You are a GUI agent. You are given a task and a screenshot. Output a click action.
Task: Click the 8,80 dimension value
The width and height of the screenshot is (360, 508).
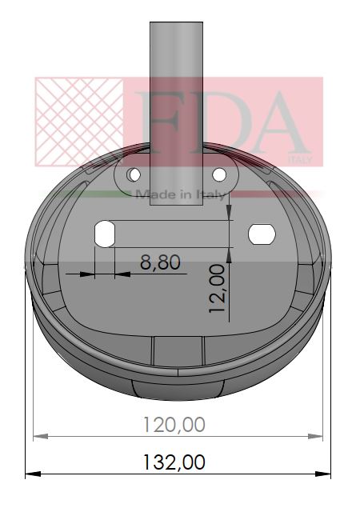tap(160, 261)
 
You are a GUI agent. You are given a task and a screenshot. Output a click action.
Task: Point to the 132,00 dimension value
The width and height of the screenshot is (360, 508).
tap(174, 462)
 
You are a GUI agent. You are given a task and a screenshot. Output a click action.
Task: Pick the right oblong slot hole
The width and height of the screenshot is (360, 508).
tap(262, 233)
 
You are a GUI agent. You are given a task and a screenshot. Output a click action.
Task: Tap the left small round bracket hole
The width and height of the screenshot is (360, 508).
tap(134, 174)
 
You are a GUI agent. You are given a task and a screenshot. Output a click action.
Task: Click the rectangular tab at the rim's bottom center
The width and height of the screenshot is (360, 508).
tap(178, 350)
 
